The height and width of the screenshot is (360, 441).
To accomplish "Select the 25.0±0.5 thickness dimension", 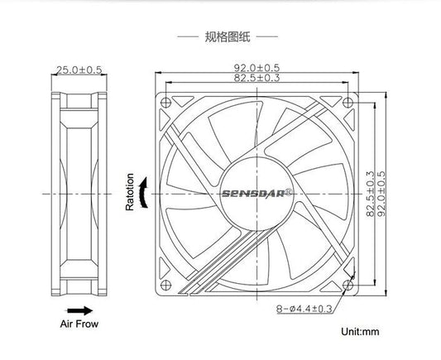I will [79, 70].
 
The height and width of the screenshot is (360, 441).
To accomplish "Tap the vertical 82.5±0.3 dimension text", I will [370, 194].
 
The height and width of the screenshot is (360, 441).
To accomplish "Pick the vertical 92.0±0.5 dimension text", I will [381, 194].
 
